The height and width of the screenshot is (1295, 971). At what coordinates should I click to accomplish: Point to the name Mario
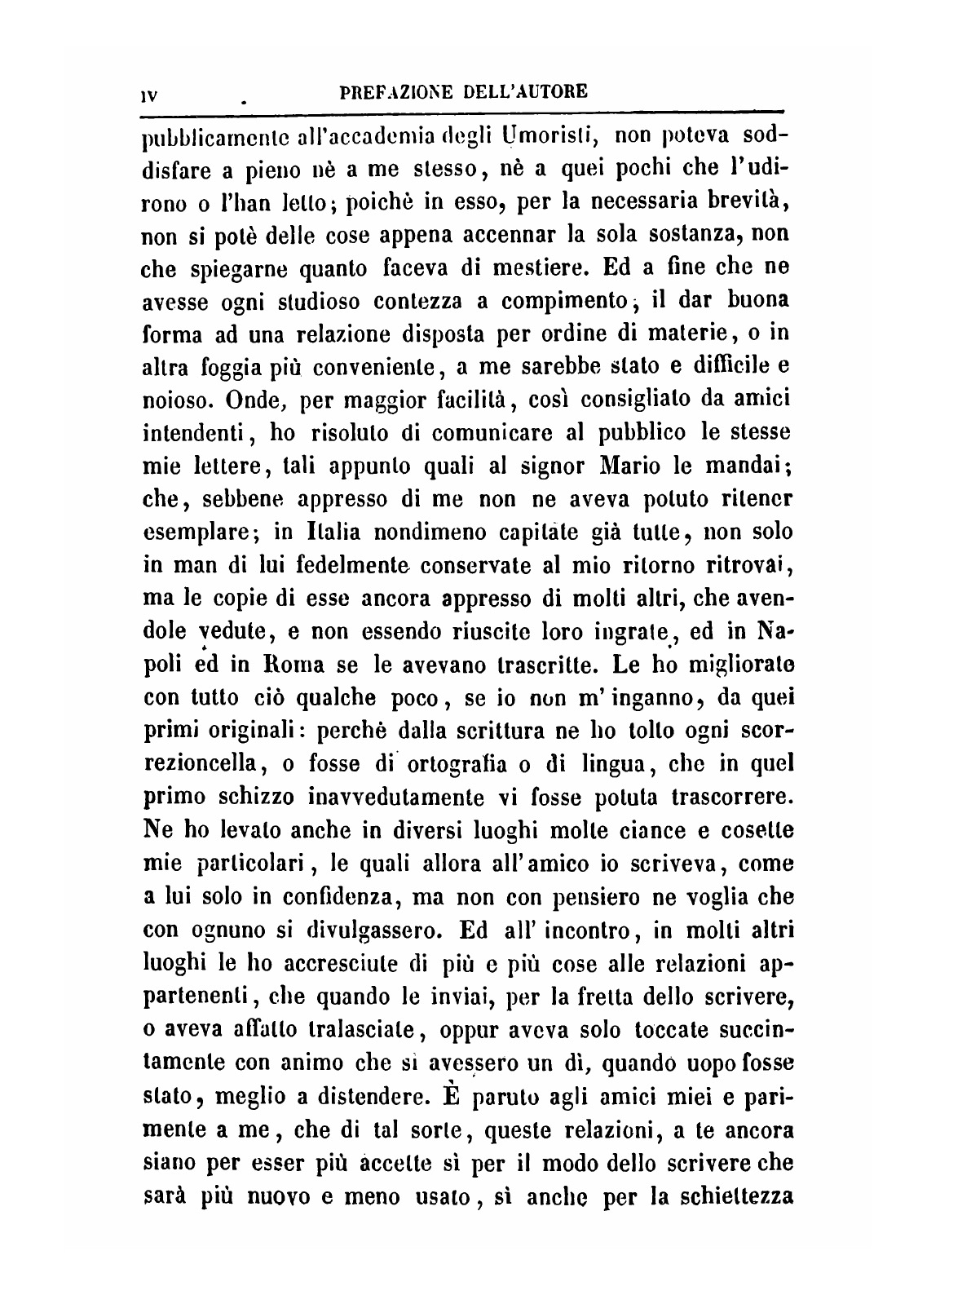tap(626, 466)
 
